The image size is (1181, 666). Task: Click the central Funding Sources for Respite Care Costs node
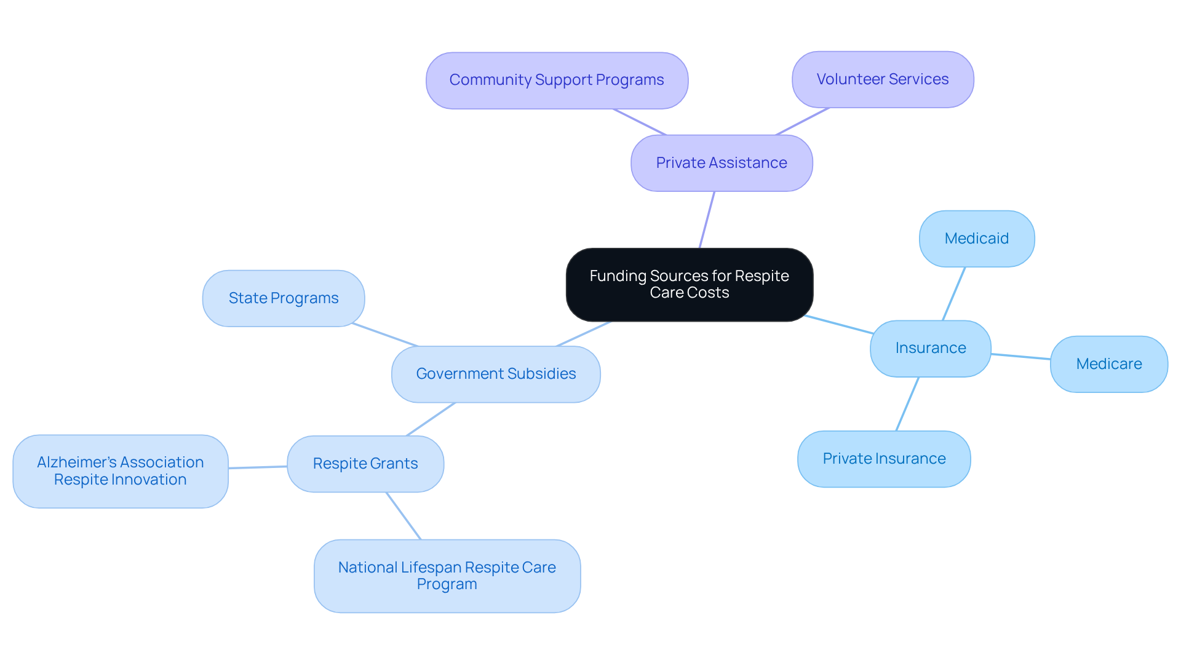tap(689, 285)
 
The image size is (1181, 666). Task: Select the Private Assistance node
tap(721, 163)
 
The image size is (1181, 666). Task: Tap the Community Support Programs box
tap(556, 81)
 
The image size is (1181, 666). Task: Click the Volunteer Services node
tap(882, 79)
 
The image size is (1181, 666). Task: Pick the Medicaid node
tap(976, 239)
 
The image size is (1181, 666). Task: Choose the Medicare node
tap(1108, 364)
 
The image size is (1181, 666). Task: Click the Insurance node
tap(930, 348)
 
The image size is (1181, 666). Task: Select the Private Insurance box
tap(883, 459)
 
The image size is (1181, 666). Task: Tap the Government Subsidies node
tap(495, 374)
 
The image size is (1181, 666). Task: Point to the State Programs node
tap(283, 298)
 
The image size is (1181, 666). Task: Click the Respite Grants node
tap(365, 464)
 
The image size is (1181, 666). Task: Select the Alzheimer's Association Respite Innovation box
tap(120, 471)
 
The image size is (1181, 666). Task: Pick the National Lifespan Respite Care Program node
tap(447, 576)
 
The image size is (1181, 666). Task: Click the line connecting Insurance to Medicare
tap(1020, 357)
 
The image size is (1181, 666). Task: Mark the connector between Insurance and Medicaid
tap(953, 294)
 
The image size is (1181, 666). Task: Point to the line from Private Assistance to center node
tap(707, 220)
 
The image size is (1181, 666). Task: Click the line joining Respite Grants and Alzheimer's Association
tap(257, 467)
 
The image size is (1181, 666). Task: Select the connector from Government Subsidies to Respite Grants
tap(431, 419)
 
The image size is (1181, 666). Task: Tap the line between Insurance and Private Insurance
tap(907, 404)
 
